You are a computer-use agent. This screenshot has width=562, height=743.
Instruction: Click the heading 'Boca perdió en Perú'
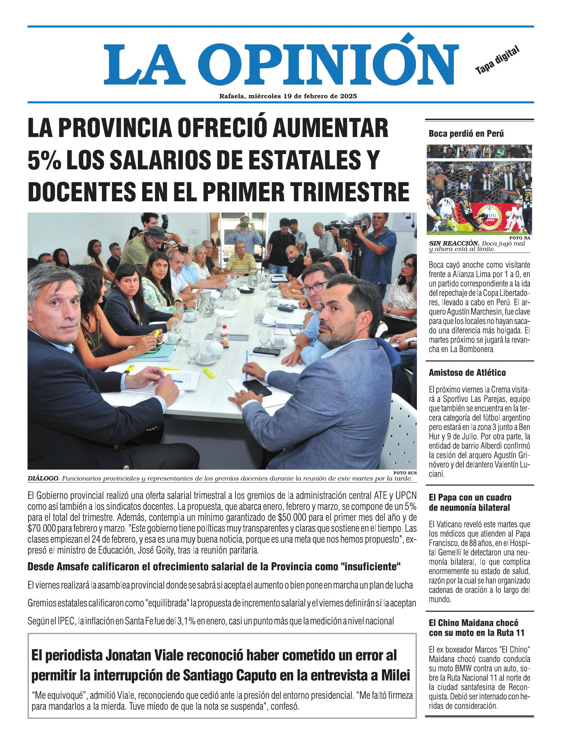click(466, 134)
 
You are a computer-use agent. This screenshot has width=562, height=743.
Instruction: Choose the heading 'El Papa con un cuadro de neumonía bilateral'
click(470, 503)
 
